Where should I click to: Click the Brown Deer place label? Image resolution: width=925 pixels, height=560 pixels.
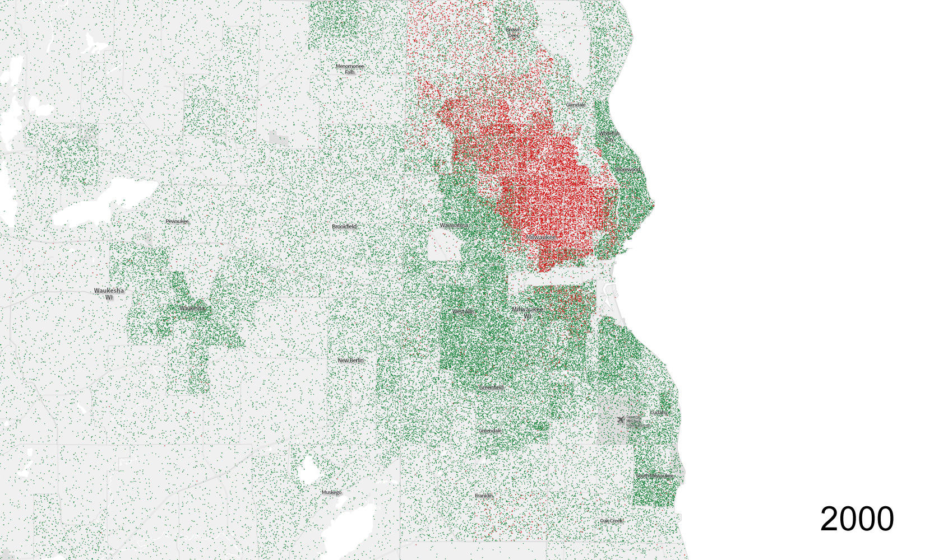pyautogui.click(x=513, y=32)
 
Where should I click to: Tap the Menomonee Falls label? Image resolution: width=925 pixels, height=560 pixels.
pyautogui.click(x=350, y=69)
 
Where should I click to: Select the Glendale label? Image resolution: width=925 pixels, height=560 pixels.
pyautogui.click(x=576, y=105)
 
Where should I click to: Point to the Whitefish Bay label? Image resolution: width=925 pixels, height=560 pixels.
pyautogui.click(x=609, y=136)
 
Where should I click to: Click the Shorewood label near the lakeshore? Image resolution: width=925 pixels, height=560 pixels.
pyautogui.click(x=627, y=169)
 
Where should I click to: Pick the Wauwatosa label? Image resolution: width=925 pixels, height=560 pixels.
pyautogui.click(x=454, y=225)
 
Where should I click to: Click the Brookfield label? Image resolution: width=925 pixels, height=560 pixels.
pyautogui.click(x=344, y=226)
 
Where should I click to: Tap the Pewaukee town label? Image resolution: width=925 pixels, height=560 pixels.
pyautogui.click(x=177, y=221)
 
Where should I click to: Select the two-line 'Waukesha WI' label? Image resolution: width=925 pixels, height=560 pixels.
pyautogui.click(x=109, y=293)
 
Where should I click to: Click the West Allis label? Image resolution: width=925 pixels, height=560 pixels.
pyautogui.click(x=464, y=311)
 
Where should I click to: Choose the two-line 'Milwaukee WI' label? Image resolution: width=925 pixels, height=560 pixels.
pyautogui.click(x=527, y=312)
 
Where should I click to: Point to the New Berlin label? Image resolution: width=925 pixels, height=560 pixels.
pyautogui.click(x=351, y=360)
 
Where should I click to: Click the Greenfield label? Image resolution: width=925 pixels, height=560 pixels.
pyautogui.click(x=492, y=387)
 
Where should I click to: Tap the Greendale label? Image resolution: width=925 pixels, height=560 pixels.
pyautogui.click(x=491, y=431)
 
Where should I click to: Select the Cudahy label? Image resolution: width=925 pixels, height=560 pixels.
pyautogui.click(x=659, y=412)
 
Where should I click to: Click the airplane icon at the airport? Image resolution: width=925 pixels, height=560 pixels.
pyautogui.click(x=620, y=419)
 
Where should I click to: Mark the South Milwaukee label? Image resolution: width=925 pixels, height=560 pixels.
pyautogui.click(x=655, y=476)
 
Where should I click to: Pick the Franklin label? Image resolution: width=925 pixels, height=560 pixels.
pyautogui.click(x=484, y=496)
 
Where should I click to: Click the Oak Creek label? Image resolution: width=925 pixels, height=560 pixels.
pyautogui.click(x=611, y=521)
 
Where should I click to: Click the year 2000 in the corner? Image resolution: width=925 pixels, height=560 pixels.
pyautogui.click(x=857, y=519)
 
